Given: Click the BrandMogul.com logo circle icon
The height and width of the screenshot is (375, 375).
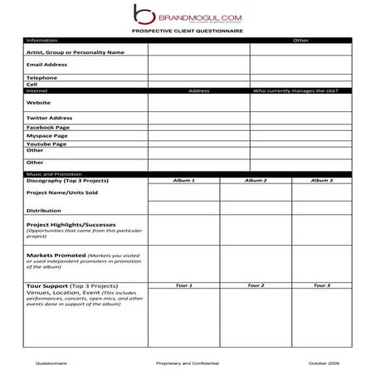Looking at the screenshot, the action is pyautogui.click(x=144, y=14).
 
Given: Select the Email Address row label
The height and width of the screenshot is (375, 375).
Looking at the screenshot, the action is pyautogui.click(x=46, y=64).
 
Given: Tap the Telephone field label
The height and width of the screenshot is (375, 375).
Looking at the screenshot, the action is pyautogui.click(x=41, y=77).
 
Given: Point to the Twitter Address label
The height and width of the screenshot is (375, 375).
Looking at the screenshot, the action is pyautogui.click(x=49, y=118).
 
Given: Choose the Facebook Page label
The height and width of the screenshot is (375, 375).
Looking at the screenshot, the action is pyautogui.click(x=47, y=128).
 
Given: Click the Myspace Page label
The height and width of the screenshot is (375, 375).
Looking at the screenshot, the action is pyautogui.click(x=46, y=135).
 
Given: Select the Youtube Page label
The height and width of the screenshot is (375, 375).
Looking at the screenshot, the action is pyautogui.click(x=46, y=143).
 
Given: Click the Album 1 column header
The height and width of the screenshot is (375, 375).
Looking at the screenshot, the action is pyautogui.click(x=183, y=180).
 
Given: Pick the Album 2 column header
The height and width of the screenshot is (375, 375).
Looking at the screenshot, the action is pyautogui.click(x=255, y=180).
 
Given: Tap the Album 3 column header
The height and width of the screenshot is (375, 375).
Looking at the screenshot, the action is pyautogui.click(x=321, y=180).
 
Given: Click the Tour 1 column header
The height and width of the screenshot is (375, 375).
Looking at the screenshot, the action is pyautogui.click(x=183, y=285).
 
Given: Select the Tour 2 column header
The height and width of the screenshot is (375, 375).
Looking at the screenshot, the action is pyautogui.click(x=255, y=285).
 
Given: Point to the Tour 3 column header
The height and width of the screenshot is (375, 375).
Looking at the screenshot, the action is pyautogui.click(x=321, y=285).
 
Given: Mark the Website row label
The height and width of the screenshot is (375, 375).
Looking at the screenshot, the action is pyautogui.click(x=39, y=102).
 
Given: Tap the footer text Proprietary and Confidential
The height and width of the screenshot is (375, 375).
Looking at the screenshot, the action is pyautogui.click(x=187, y=363).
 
